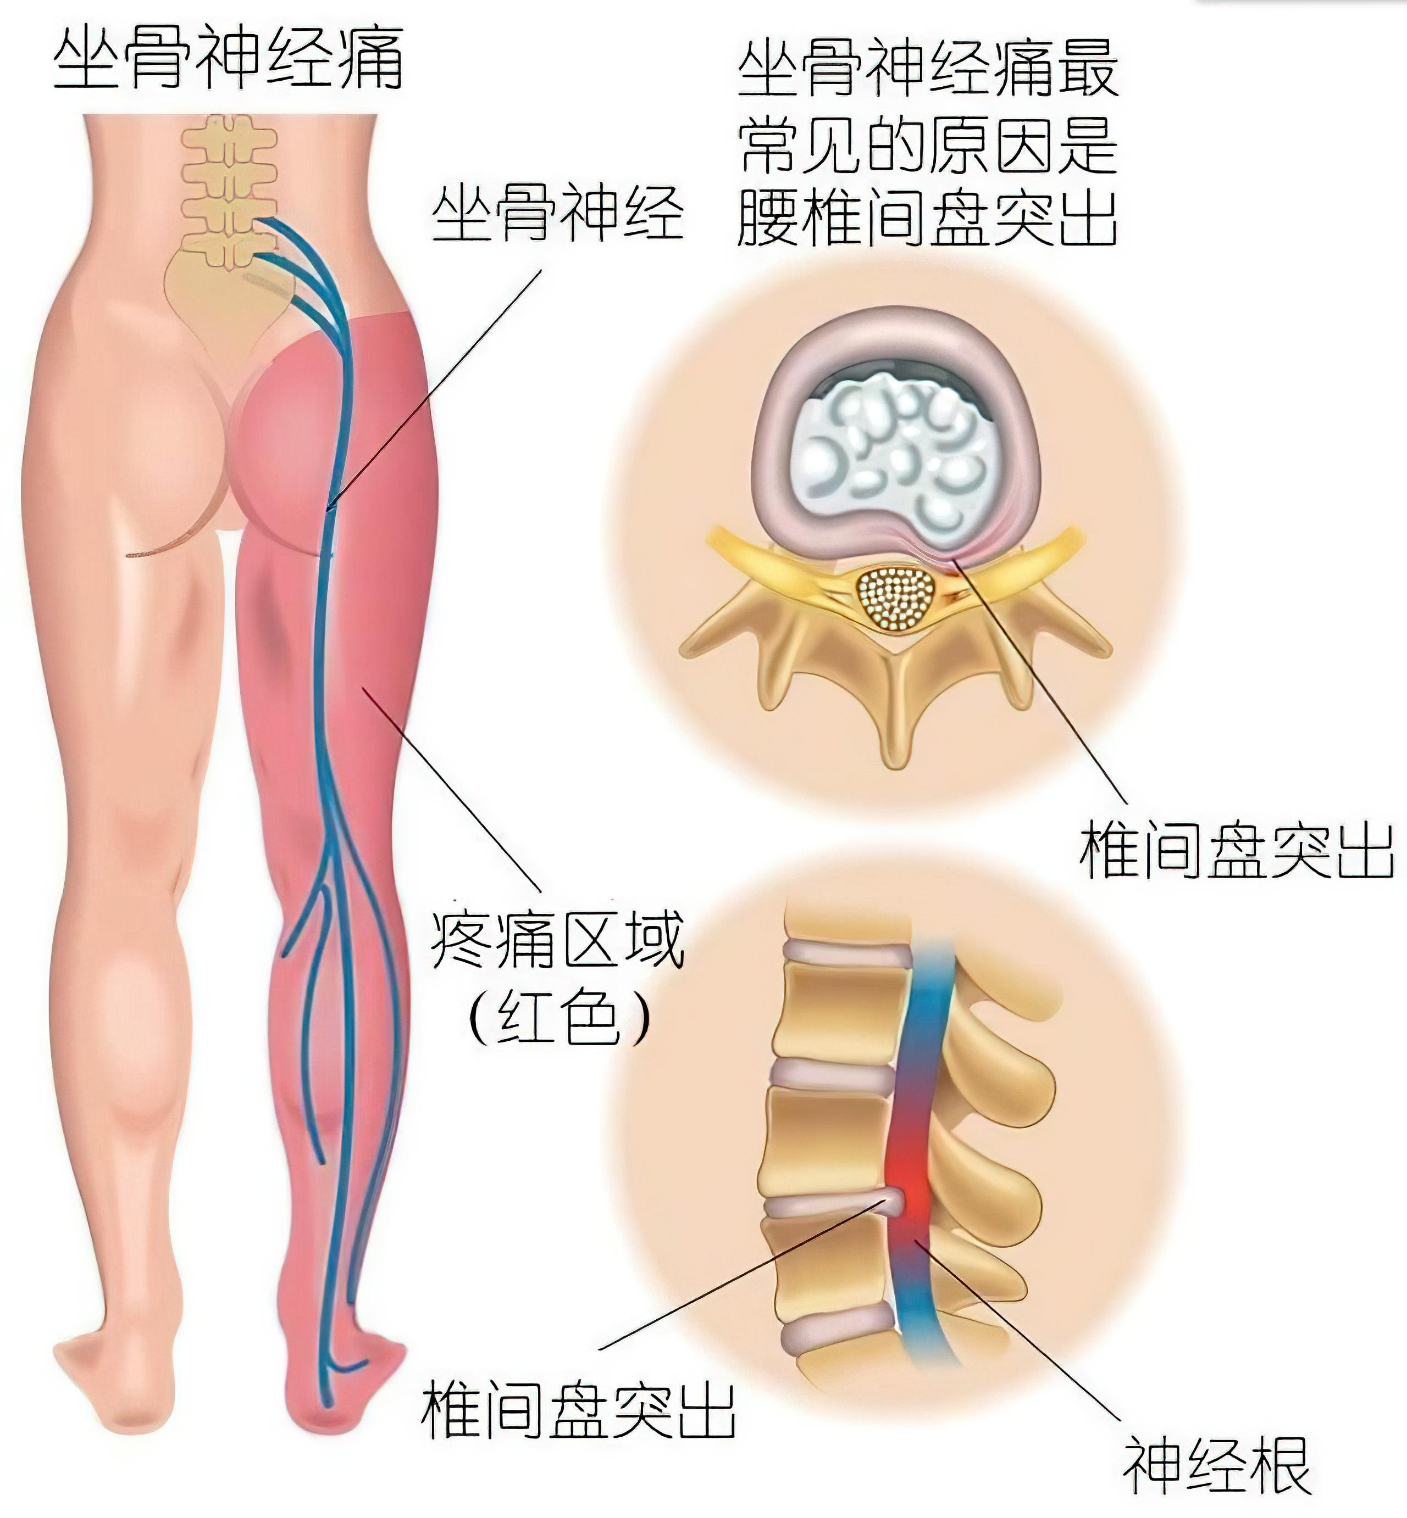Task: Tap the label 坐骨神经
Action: (558, 215)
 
